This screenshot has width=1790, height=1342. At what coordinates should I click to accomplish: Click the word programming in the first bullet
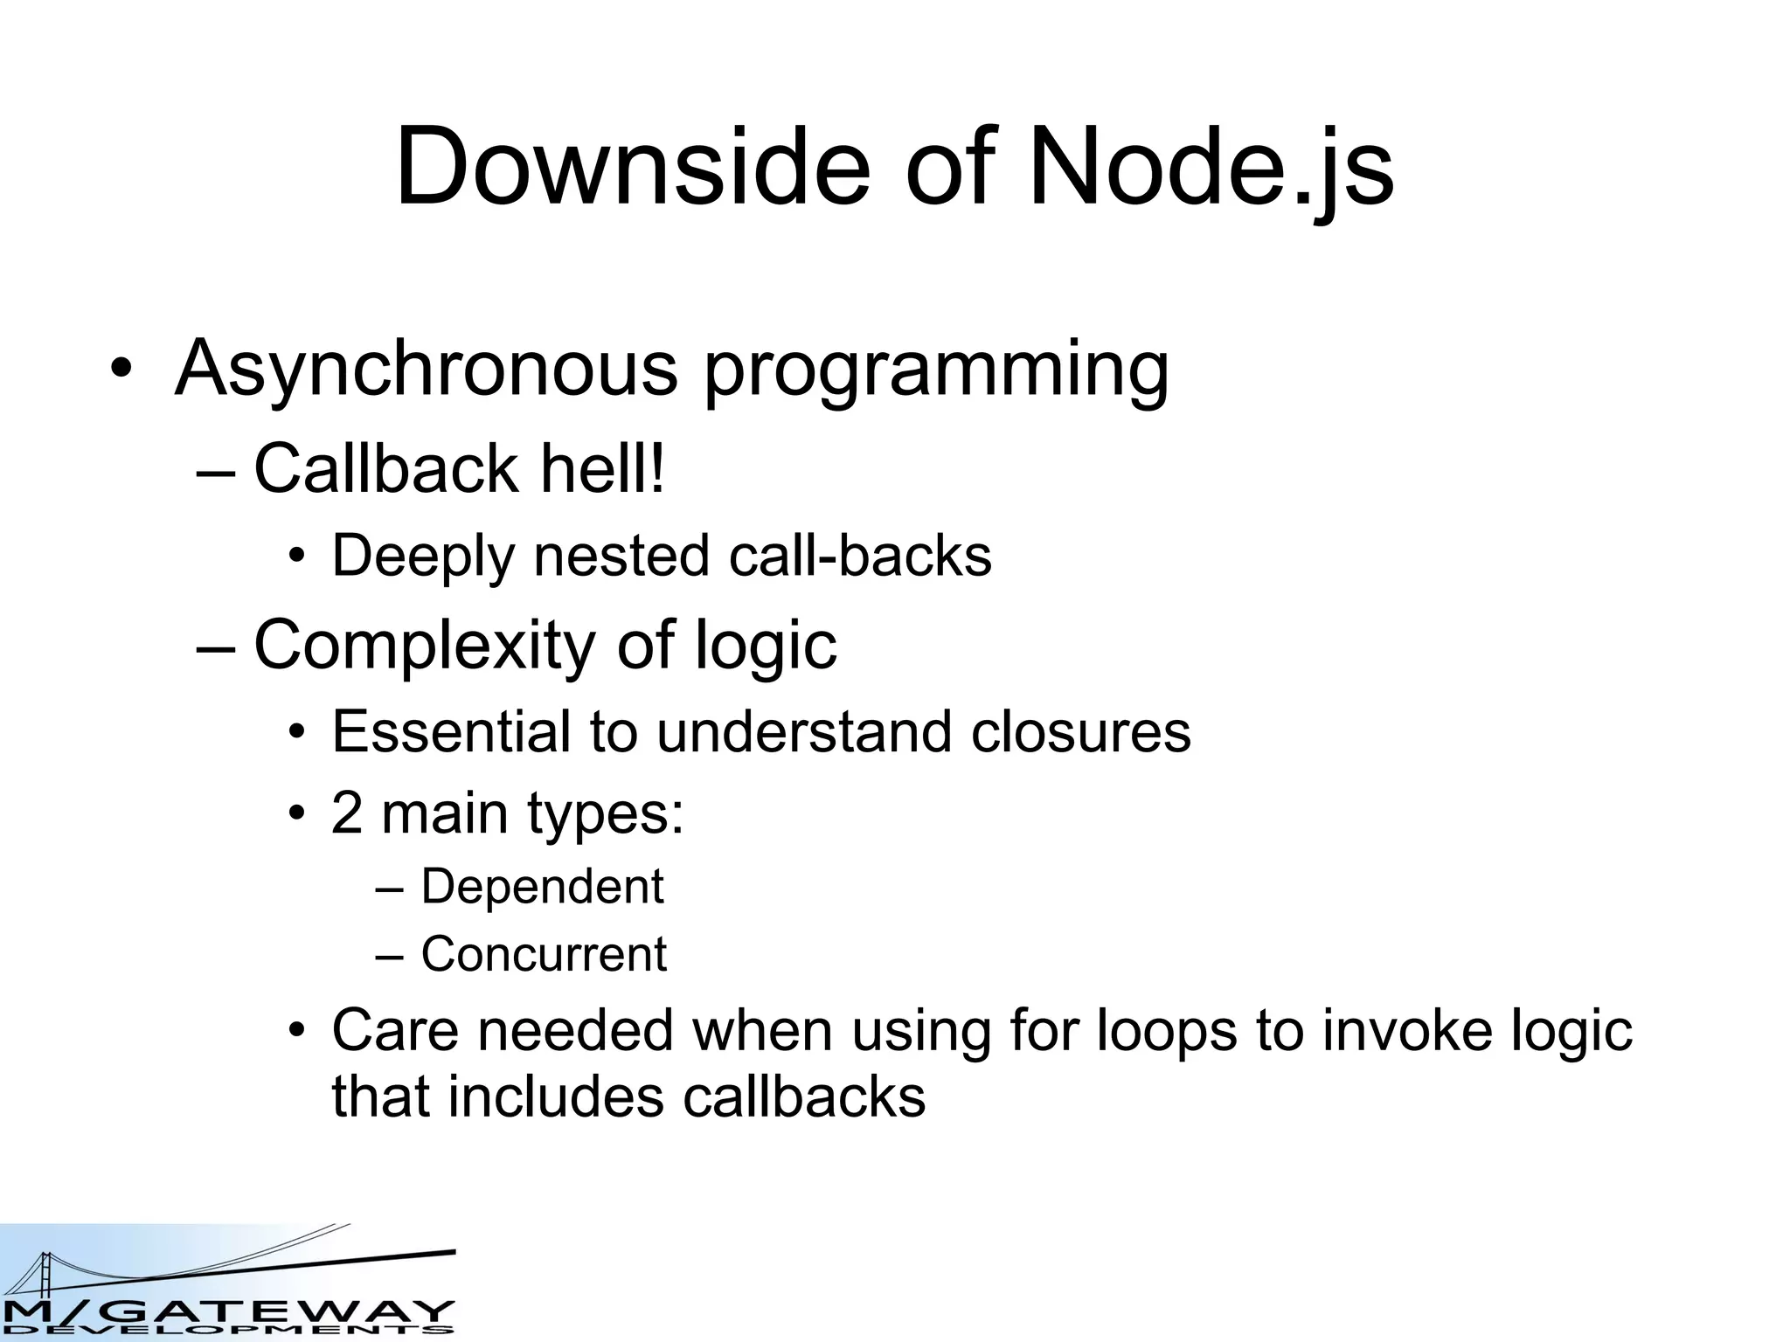pos(936,371)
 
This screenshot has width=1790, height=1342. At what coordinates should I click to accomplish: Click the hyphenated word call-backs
pos(861,556)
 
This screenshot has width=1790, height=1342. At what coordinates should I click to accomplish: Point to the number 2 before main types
pos(347,813)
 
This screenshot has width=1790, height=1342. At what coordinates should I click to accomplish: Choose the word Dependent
pos(542,887)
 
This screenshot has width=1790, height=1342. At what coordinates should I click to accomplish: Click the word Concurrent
pos(544,954)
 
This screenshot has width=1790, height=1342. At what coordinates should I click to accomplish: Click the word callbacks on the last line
pos(803,1097)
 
